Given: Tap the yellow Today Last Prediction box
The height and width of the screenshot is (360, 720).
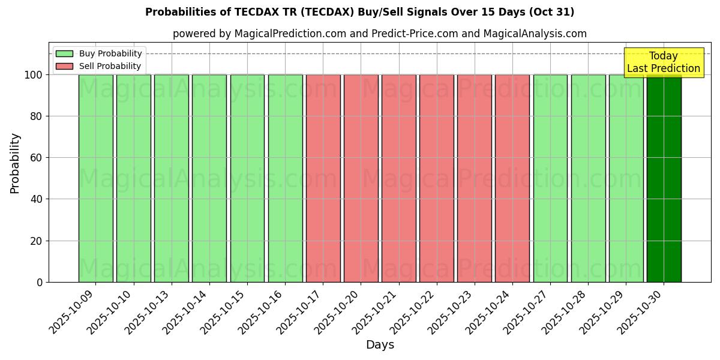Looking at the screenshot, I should pyautogui.click(x=664, y=62).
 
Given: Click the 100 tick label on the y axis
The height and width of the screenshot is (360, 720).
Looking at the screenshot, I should pyautogui.click(x=34, y=75).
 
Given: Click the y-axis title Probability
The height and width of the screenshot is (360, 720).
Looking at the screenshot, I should pyautogui.click(x=15, y=163).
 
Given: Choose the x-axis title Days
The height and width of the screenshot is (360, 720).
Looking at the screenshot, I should pyautogui.click(x=380, y=345).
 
